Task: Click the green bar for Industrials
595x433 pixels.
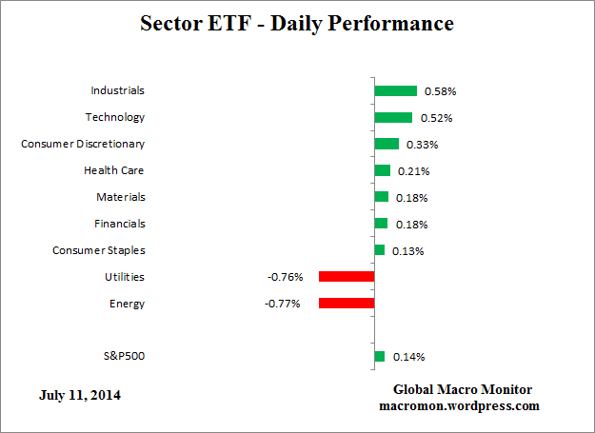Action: [x=395, y=91]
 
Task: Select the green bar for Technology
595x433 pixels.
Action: [x=393, y=118]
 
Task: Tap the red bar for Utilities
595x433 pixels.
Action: [x=347, y=277]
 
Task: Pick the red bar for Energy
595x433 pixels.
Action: [x=347, y=304]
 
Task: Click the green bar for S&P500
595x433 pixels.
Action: [x=379, y=357]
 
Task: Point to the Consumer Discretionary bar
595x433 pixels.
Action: [x=387, y=145]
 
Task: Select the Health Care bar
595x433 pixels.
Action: [x=382, y=171]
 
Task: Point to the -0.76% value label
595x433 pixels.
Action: [x=285, y=278]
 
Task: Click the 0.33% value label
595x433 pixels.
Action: [x=423, y=146]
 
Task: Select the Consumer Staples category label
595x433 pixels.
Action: [x=98, y=250]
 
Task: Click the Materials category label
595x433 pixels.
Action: [x=120, y=197]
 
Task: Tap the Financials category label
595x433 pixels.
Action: [x=119, y=224]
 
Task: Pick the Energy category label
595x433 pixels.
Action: [x=127, y=304]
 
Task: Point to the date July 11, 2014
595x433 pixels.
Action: [x=80, y=394]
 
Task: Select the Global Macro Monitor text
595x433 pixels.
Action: [x=463, y=390]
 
